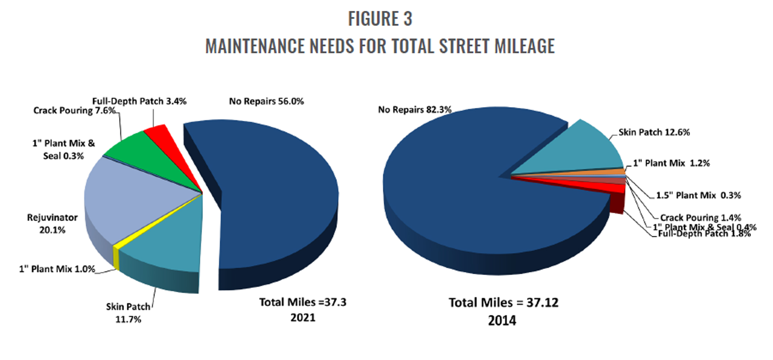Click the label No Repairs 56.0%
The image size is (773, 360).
(x=266, y=101)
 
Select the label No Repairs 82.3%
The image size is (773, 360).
(x=414, y=110)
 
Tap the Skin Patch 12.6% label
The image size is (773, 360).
(x=654, y=132)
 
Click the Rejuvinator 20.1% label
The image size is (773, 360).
(x=52, y=223)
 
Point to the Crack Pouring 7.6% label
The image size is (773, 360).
(x=74, y=111)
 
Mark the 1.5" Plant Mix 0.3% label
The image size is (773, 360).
(x=698, y=195)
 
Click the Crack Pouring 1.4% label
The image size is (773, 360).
(x=700, y=218)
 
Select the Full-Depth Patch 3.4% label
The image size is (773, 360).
(x=139, y=101)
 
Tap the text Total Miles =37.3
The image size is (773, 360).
(x=302, y=302)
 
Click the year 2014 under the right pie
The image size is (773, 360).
(x=502, y=321)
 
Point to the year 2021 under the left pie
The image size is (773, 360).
(x=303, y=318)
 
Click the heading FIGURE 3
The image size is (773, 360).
(x=380, y=19)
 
